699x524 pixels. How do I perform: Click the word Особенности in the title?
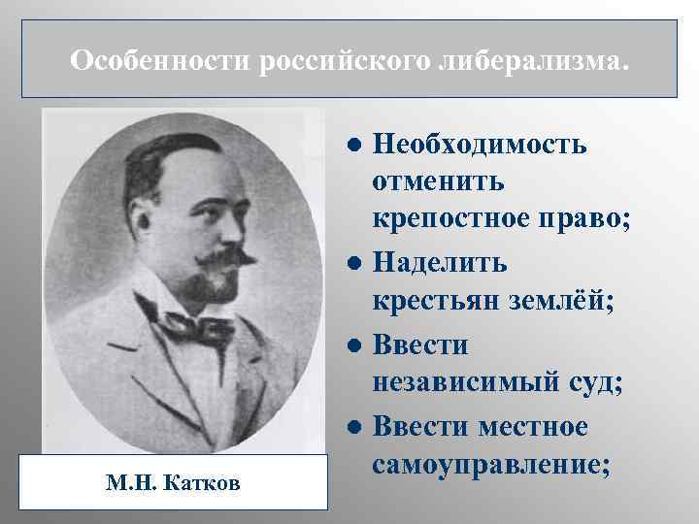click(161, 61)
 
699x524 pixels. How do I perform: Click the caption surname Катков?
click(203, 482)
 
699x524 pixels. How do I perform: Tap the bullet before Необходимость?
click(355, 146)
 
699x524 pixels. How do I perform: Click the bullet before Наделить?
click(355, 263)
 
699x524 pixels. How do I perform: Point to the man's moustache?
click(218, 259)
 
